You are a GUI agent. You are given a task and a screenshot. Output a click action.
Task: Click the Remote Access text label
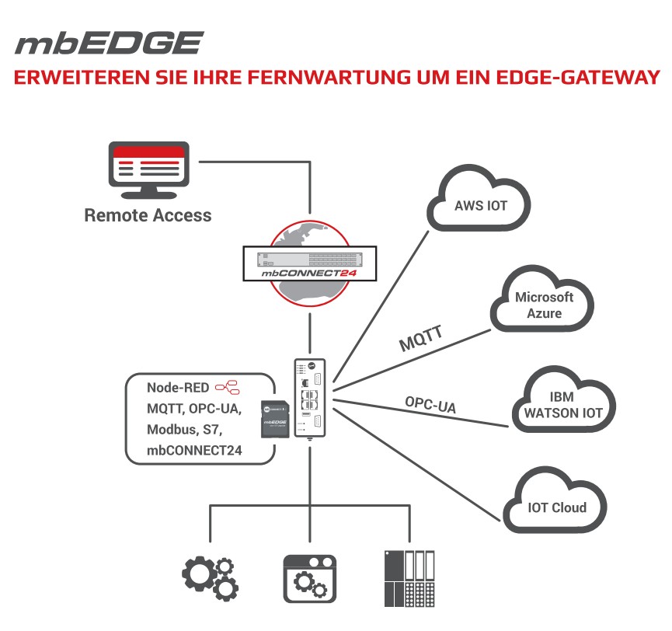pyautogui.click(x=148, y=215)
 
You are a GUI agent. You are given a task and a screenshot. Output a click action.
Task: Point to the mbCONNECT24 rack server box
pyautogui.click(x=309, y=264)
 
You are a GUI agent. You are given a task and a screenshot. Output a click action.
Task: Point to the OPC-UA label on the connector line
pyautogui.click(x=430, y=404)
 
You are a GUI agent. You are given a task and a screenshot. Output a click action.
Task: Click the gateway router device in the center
pyautogui.click(x=310, y=396)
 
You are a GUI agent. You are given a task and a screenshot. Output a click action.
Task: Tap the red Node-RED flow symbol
pyautogui.click(x=227, y=386)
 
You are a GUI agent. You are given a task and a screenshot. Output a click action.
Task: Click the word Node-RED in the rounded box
pyautogui.click(x=178, y=387)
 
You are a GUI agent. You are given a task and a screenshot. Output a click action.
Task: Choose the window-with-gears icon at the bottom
pyautogui.click(x=310, y=580)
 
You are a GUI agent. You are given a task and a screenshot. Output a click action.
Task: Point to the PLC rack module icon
pyautogui.click(x=409, y=579)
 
